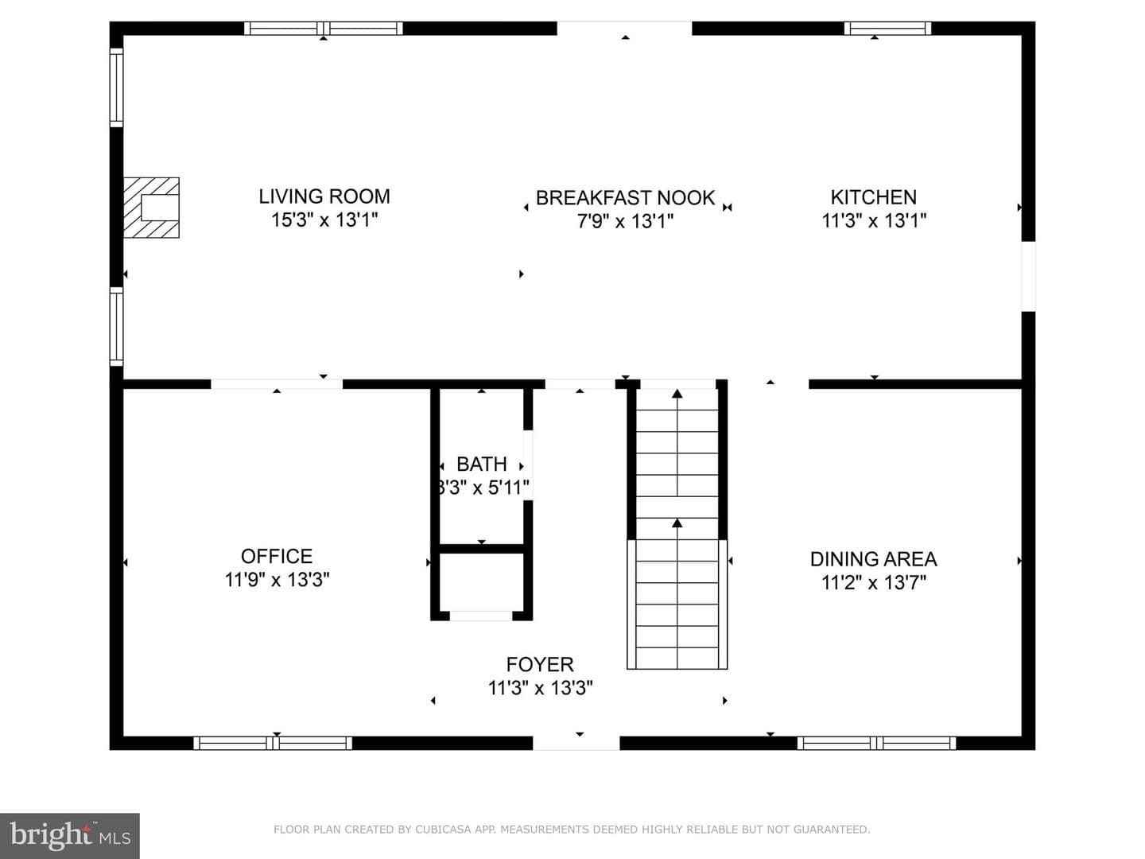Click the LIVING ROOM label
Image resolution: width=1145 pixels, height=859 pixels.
(x=324, y=196)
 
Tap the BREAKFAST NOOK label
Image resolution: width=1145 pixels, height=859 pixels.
(x=625, y=198)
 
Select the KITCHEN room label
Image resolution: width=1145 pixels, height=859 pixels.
(x=874, y=197)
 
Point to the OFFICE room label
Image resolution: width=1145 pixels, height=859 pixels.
(x=277, y=557)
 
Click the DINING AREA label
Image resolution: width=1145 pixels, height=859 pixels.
(x=874, y=559)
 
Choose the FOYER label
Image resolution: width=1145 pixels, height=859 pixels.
(x=540, y=664)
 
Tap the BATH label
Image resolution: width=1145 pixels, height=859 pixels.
(x=482, y=464)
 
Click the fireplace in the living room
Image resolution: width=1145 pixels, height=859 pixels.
(x=151, y=208)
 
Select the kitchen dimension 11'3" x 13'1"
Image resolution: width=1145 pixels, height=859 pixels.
(x=874, y=220)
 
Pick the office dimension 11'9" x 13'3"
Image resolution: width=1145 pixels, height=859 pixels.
(x=277, y=580)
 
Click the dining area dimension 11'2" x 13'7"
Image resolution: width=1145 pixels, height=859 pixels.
(x=874, y=582)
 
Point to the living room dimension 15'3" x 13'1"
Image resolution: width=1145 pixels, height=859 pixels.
(x=324, y=220)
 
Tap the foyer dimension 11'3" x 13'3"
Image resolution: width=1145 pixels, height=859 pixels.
(x=540, y=688)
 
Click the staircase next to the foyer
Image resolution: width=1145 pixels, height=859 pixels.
(x=677, y=527)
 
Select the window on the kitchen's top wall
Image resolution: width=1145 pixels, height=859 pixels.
(x=887, y=28)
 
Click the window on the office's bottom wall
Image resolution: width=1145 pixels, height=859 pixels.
(x=273, y=743)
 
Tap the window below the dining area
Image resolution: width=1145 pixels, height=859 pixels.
(x=876, y=743)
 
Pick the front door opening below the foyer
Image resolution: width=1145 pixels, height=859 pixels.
(x=576, y=743)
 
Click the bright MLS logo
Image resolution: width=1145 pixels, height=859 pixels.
(x=69, y=835)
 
